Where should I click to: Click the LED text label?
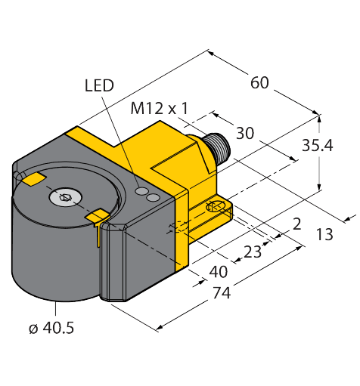pyautogui.click(x=98, y=85)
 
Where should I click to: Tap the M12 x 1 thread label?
pyautogui.click(x=159, y=109)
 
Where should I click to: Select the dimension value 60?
pyautogui.click(x=259, y=83)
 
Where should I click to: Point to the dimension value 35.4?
pyautogui.click(x=337, y=147)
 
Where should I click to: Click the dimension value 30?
pyautogui.click(x=244, y=134)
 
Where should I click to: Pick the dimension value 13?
pyautogui.click(x=324, y=236)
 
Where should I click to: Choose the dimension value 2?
pyautogui.click(x=297, y=223)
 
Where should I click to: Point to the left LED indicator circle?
pyautogui.click(x=140, y=193)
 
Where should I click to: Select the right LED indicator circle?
pyautogui.click(x=154, y=198)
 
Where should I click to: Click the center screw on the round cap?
pyautogui.click(x=64, y=199)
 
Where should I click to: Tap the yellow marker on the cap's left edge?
pyautogui.click(x=33, y=179)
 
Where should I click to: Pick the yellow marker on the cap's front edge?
pyautogui.click(x=97, y=218)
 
